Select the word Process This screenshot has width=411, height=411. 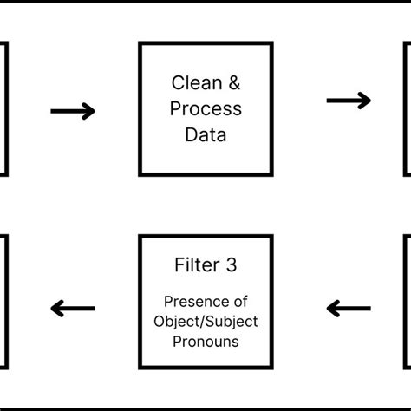click(205, 110)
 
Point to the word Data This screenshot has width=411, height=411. click(205, 135)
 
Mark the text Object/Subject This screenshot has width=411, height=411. click(205, 322)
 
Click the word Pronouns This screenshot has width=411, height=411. click(205, 341)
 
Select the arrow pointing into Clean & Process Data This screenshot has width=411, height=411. click(73, 111)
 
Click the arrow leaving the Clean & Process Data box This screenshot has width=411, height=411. click(349, 101)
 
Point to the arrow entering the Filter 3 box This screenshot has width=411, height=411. click(349, 308)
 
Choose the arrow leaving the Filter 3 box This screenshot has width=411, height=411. click(73, 308)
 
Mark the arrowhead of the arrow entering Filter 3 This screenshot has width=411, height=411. click(333, 308)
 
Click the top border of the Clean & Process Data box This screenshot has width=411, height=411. click(205, 43)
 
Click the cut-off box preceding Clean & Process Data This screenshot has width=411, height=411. click(3, 109)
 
